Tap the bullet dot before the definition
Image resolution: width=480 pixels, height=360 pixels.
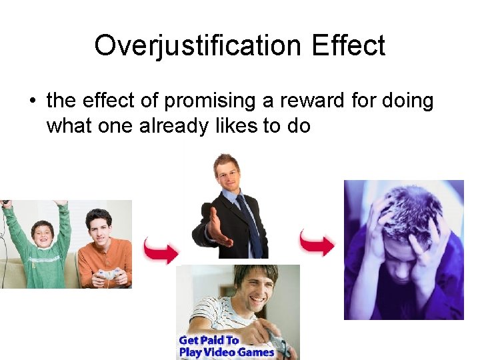click(31, 101)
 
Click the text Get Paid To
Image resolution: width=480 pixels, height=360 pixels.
click(208, 341)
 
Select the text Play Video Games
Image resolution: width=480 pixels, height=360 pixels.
click(226, 352)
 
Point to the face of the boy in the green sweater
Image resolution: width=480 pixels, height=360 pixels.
click(42, 235)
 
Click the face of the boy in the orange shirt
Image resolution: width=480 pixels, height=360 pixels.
click(98, 227)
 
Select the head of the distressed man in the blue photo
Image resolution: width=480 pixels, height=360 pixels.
click(403, 220)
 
